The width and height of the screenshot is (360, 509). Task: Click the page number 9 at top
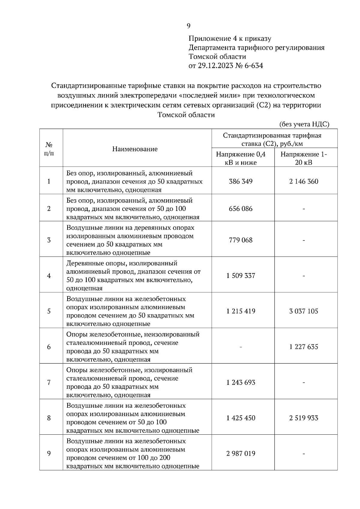[x=188, y=26]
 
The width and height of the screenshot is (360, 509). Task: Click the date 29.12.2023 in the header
[x=215, y=66]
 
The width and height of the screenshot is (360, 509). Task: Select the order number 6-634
[x=254, y=66]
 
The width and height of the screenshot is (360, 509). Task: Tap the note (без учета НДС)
[x=304, y=124]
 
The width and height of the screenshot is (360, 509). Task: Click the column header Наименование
[x=135, y=149]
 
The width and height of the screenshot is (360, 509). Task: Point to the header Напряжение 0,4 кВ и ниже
[x=241, y=158]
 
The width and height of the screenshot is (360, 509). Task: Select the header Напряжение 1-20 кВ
[x=304, y=158]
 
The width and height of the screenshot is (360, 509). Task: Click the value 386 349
[x=241, y=181]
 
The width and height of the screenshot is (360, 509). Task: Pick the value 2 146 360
[x=304, y=181]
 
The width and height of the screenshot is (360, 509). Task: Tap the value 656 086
[x=241, y=209]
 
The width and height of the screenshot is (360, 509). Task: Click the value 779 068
[x=241, y=240]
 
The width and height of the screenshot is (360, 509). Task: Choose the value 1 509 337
[x=241, y=275]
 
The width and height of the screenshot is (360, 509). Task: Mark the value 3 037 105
[x=304, y=311]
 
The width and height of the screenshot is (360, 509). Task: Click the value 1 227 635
[x=304, y=347]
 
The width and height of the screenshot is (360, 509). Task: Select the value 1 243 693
[x=241, y=382]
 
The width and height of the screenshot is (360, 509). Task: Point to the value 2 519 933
[x=304, y=418]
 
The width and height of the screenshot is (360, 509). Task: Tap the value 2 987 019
[x=241, y=453]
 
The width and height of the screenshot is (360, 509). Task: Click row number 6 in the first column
[x=49, y=347]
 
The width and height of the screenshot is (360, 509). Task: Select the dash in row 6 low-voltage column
[x=241, y=347]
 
